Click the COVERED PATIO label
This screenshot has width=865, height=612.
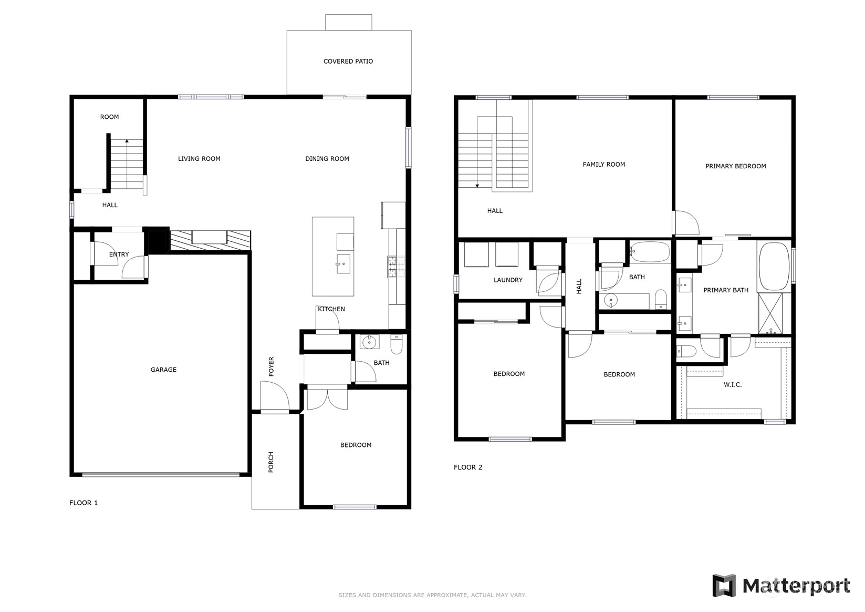coord(348,61)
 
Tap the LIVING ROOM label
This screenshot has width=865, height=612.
coord(199,158)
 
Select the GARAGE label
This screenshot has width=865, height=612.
coord(163,370)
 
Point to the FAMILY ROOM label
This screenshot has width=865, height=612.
coord(603,165)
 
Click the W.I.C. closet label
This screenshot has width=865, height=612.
coord(733,385)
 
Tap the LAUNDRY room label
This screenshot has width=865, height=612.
coord(508,280)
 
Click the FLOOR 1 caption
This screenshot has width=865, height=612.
coord(84,503)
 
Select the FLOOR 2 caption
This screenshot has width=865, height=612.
coord(467,467)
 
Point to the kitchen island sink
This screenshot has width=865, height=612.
coord(343,263)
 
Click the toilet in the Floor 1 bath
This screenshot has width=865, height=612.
coord(396,344)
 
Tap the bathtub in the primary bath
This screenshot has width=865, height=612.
coord(774,267)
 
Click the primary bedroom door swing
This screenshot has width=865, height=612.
coord(686,222)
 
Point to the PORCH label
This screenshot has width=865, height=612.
coord(270,462)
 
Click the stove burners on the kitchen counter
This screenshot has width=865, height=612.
coord(396,267)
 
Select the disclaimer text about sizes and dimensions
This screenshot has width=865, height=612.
coord(433,595)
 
